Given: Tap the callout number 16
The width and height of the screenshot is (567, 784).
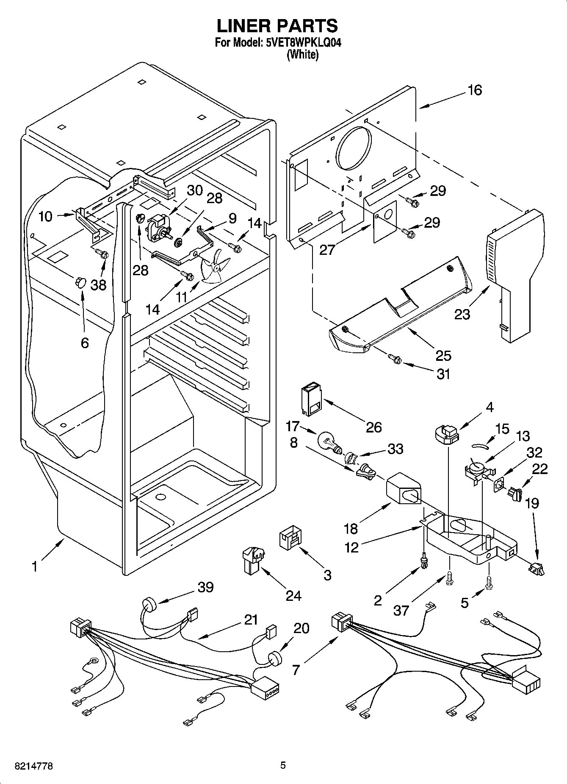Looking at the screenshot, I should [475, 90].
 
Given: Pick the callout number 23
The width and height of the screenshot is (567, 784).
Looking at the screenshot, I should [462, 315].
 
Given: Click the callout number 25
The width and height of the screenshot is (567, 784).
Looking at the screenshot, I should [443, 355].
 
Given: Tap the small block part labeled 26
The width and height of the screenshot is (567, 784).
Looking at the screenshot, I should [311, 399].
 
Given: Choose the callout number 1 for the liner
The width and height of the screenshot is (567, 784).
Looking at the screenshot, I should [34, 566].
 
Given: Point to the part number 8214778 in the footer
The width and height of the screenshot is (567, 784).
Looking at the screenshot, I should [34, 766].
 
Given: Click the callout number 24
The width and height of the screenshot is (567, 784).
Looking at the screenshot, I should [293, 595].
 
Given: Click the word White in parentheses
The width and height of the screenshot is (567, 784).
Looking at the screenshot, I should [302, 55].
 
